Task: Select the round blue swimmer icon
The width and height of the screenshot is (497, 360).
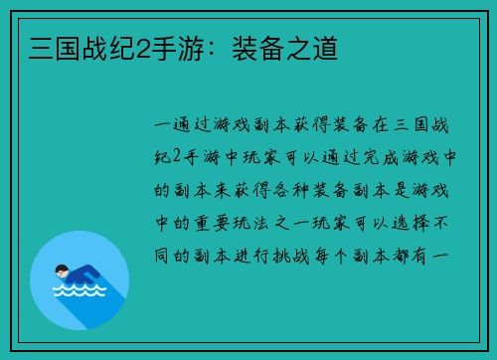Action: pos(80,279)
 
